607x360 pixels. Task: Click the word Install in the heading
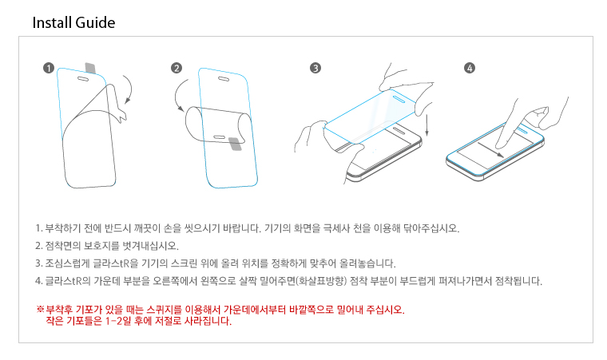(x=52, y=22)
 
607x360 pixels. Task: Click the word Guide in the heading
(x=95, y=22)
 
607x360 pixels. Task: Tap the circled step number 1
(x=49, y=68)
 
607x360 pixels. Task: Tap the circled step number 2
(x=177, y=68)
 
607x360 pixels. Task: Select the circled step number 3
(x=315, y=68)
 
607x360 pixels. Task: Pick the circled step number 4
(x=470, y=68)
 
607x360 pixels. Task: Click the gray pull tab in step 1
(x=90, y=68)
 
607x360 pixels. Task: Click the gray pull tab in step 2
(x=235, y=144)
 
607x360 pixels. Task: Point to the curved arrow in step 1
(x=130, y=89)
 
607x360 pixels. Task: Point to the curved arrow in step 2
(x=177, y=93)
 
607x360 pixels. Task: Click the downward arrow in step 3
(x=426, y=125)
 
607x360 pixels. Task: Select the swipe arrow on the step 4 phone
(x=491, y=150)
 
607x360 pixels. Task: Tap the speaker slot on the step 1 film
(x=83, y=79)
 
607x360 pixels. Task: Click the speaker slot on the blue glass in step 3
(x=399, y=100)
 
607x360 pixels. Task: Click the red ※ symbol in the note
(x=40, y=309)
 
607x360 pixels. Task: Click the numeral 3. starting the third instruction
(x=38, y=263)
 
